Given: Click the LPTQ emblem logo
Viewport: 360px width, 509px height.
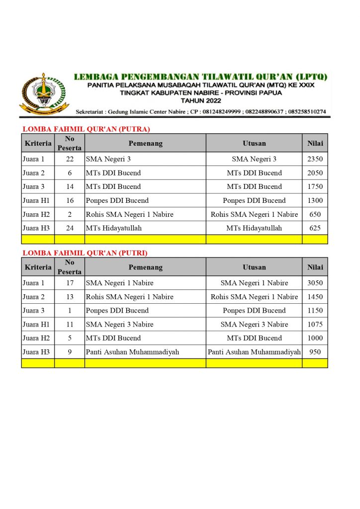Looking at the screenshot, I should point(44,94).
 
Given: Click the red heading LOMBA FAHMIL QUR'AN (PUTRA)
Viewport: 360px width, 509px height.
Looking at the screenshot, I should point(86,129).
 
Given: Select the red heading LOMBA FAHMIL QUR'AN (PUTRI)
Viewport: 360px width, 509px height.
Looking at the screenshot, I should point(85,253).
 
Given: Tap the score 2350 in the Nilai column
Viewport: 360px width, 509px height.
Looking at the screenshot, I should point(315,159).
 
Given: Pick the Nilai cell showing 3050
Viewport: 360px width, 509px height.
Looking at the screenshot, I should point(315,283).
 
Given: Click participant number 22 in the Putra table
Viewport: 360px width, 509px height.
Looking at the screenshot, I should point(70,159).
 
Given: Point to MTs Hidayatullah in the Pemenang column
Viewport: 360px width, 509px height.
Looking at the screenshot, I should point(113,228).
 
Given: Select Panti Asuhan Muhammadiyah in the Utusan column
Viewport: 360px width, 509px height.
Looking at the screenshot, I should point(254,352).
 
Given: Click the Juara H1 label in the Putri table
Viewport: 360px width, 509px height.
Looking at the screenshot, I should point(33,324).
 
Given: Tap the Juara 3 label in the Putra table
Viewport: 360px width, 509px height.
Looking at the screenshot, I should point(33,187).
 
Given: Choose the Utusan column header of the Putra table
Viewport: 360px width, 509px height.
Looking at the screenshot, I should point(254,143).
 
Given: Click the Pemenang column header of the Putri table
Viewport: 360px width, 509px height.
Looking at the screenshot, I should point(145,267).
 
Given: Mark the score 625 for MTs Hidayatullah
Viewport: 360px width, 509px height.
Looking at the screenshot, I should point(315,228).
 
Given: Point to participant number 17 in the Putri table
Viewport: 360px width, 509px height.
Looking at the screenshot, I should point(70,283).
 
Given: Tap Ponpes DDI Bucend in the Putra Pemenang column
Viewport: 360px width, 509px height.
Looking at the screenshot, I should point(117,201).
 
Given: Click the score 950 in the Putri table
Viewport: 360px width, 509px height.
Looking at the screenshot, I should point(315,352).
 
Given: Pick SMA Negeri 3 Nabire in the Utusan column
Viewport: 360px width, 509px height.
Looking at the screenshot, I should point(254,324).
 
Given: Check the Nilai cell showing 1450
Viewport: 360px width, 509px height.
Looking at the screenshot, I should point(315,297).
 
